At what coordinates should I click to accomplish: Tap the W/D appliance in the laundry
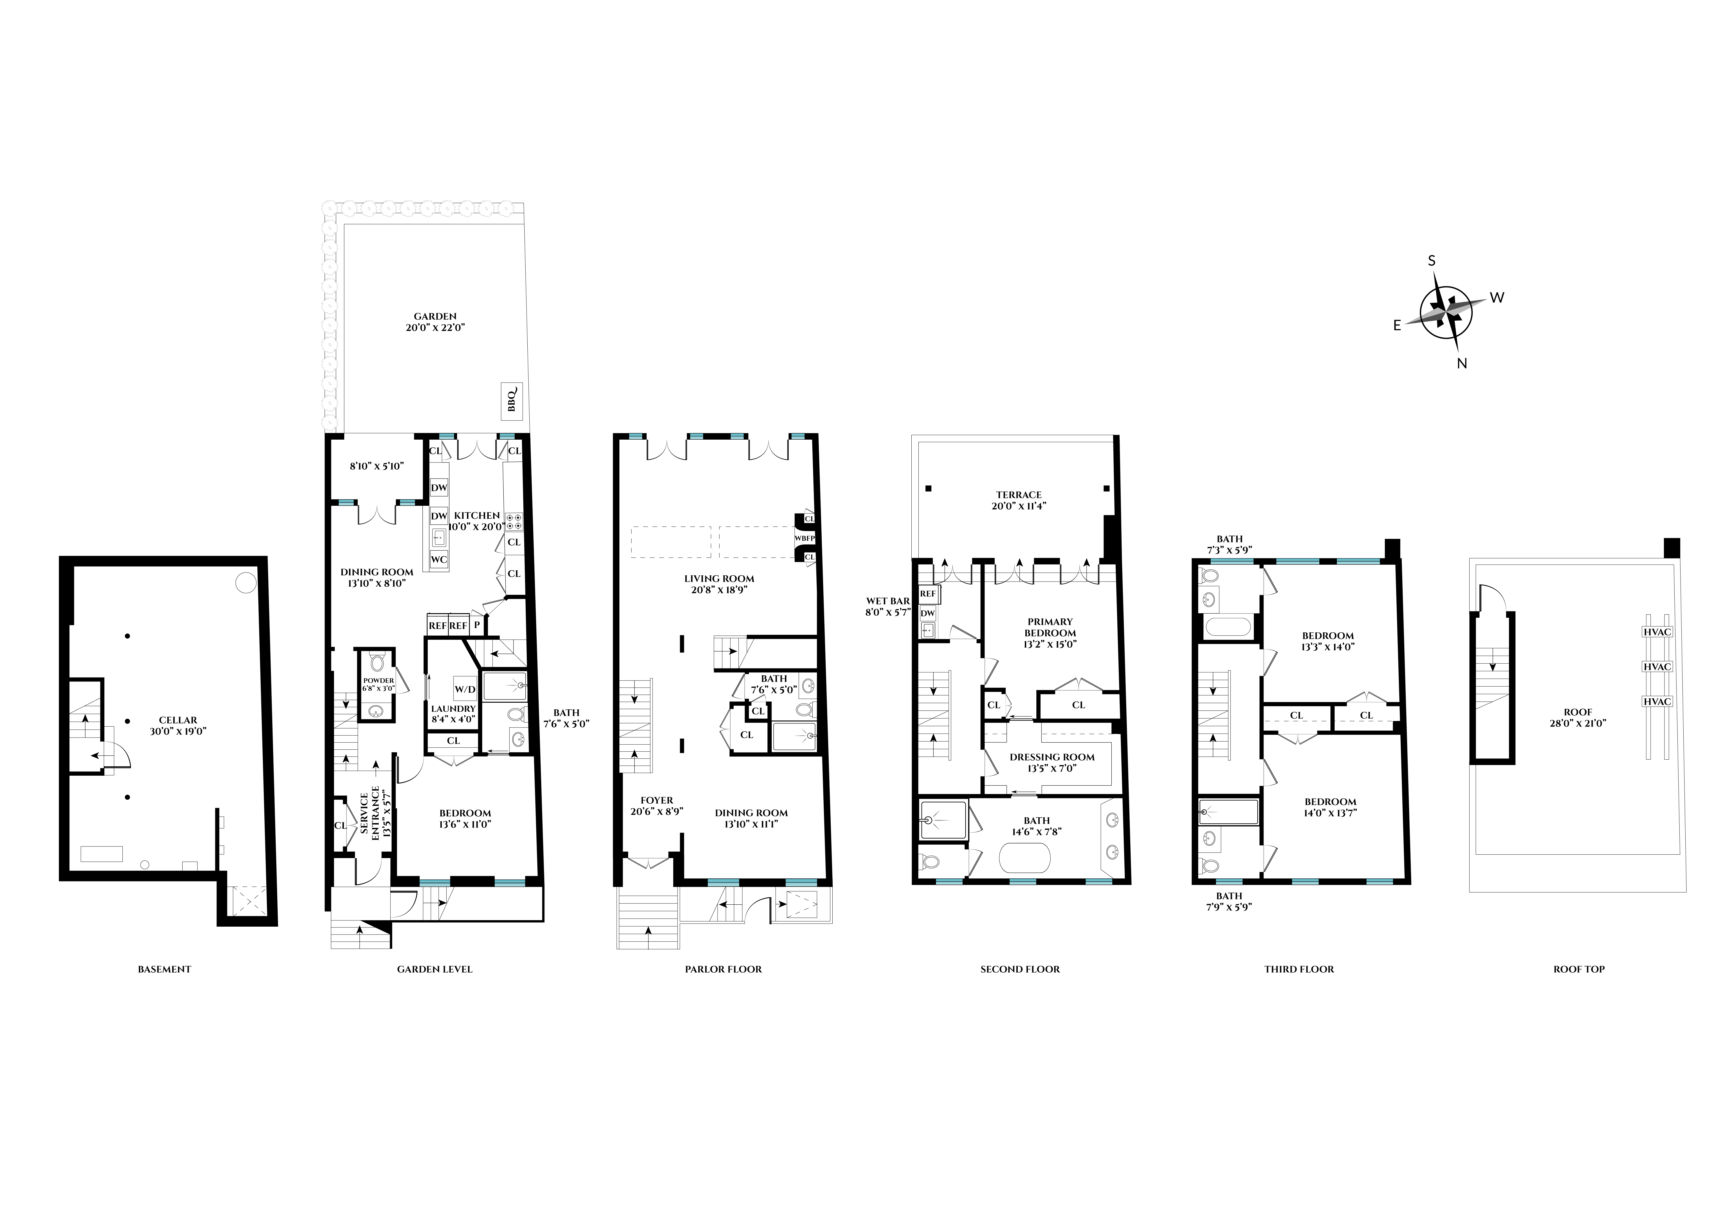click(465, 689)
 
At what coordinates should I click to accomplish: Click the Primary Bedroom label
click(1050, 633)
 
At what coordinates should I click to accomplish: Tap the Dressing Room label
click(1052, 762)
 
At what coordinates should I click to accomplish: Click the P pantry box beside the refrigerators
click(477, 625)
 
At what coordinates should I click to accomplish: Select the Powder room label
click(378, 684)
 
